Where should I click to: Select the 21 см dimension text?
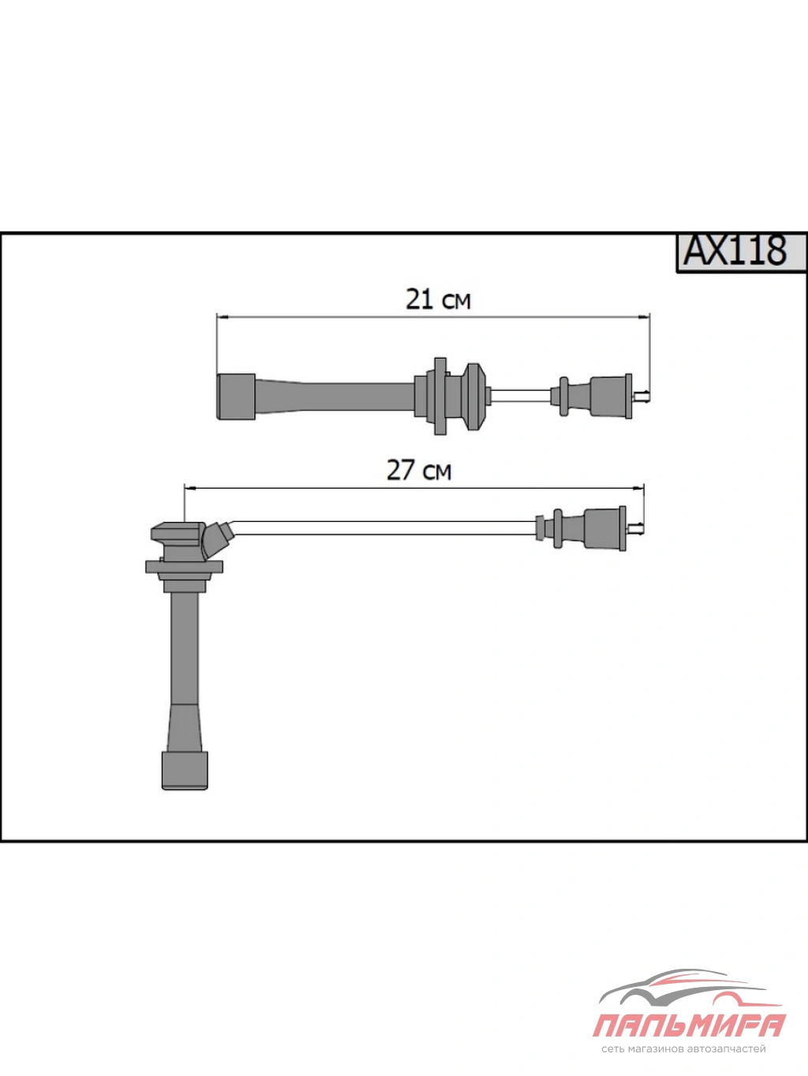[x=438, y=299]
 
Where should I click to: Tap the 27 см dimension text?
[x=418, y=469]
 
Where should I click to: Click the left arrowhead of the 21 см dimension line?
[x=223, y=317]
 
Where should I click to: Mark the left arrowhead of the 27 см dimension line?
[x=190, y=488]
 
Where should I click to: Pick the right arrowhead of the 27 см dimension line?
[x=638, y=488]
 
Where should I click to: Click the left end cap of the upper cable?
[x=235, y=397]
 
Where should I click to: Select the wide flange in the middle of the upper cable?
[x=440, y=396]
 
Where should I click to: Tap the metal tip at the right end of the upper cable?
[x=641, y=395]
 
